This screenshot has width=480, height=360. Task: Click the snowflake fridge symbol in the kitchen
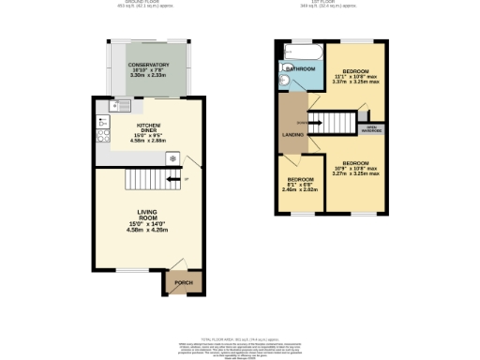[x=172, y=158]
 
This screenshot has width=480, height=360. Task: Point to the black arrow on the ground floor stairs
[x=171, y=179]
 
